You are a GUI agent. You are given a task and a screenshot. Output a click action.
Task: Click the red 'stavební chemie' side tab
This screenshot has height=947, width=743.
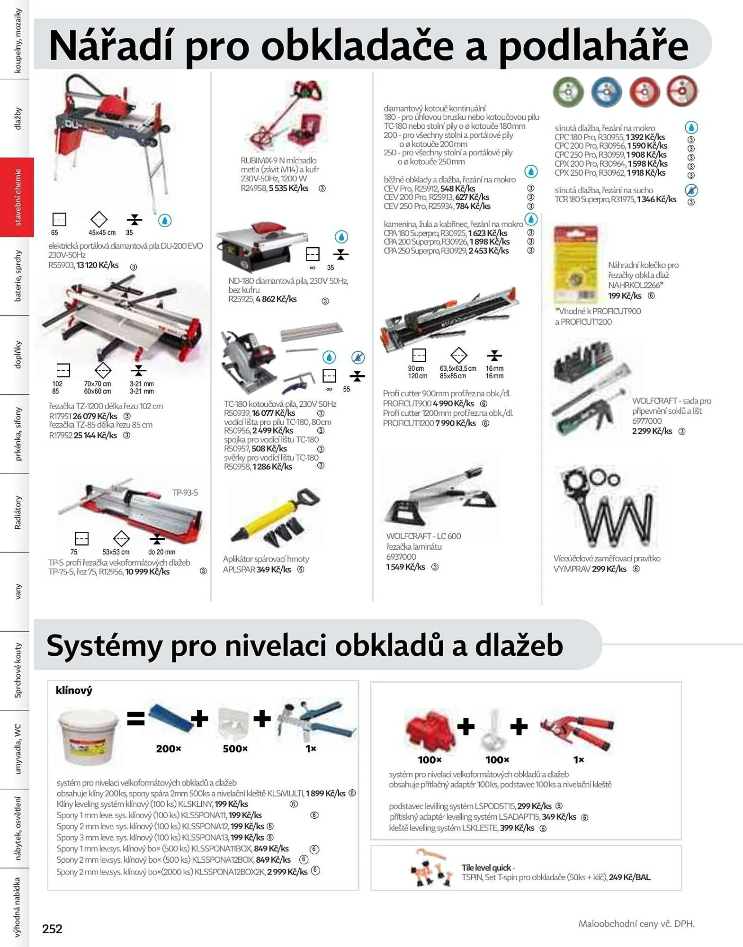pyautogui.click(x=17, y=197)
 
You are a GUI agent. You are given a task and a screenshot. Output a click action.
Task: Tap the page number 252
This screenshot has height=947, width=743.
pyautogui.click(x=52, y=929)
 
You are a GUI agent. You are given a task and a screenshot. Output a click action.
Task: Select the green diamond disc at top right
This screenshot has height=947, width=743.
pyautogui.click(x=568, y=91)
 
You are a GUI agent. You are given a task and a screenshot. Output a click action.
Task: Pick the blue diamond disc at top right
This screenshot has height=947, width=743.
pyautogui.click(x=606, y=92)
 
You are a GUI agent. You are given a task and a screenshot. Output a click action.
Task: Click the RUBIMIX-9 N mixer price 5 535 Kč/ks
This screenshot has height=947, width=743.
pyautogui.click(x=288, y=188)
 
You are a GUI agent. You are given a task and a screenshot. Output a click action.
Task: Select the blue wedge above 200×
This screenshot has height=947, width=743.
pyautogui.click(x=169, y=719)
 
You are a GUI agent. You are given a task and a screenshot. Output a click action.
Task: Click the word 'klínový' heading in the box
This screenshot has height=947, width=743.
pyautogui.click(x=74, y=690)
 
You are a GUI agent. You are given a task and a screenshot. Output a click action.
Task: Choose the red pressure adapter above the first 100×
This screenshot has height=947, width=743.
pyautogui.click(x=429, y=729)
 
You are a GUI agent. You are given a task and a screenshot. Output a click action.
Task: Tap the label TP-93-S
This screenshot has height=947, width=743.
pyautogui.click(x=185, y=492)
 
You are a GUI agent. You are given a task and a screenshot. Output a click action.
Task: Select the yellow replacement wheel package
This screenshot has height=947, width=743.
pyautogui.click(x=576, y=263)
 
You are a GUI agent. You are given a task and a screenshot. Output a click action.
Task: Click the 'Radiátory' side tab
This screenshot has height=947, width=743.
pyautogui.click(x=18, y=512)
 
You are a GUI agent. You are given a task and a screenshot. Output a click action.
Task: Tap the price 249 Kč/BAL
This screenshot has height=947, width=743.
pyautogui.click(x=629, y=877)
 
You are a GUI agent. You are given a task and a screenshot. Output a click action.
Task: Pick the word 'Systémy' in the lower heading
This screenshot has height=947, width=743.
pyautogui.click(x=104, y=645)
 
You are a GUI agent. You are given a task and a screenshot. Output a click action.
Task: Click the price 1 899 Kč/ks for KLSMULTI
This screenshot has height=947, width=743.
pyautogui.click(x=325, y=794)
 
